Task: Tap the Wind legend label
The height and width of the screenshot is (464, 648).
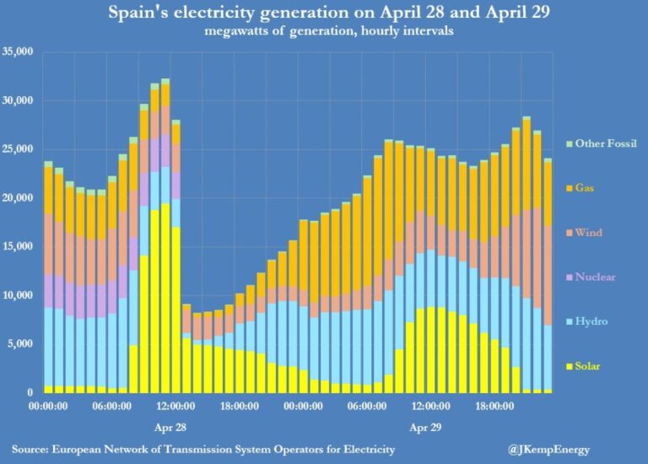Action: (x=588, y=232)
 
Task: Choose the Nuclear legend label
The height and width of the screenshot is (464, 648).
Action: (x=595, y=277)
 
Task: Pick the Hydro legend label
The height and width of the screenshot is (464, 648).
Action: (x=591, y=321)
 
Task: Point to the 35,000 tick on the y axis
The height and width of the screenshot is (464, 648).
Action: (x=18, y=52)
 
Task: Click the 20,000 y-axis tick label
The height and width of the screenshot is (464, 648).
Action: (x=18, y=198)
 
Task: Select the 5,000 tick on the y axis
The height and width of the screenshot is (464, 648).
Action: (x=21, y=344)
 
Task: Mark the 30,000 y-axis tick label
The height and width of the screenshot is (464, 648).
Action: (x=18, y=101)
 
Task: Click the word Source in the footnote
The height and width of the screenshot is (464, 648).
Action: (x=32, y=447)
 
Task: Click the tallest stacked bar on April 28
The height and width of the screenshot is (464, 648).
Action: (x=165, y=236)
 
